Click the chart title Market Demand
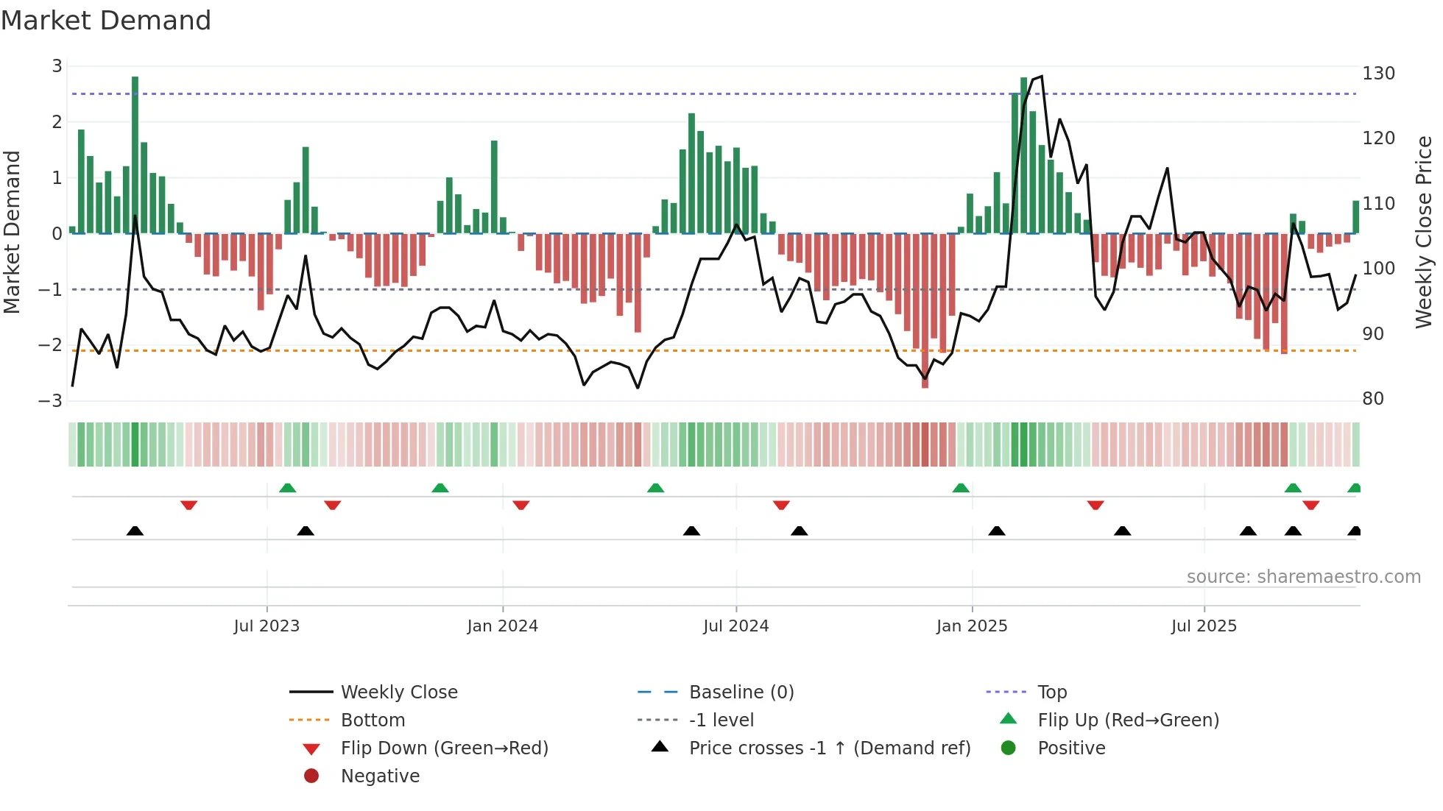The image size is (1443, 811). point(106,21)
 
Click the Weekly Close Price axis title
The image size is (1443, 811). point(1424,232)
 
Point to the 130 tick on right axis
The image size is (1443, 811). point(1378,74)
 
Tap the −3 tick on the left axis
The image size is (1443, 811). point(50,401)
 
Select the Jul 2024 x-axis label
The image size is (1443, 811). point(735,626)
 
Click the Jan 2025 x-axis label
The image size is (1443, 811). point(972,626)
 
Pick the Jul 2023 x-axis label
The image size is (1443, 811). point(267,626)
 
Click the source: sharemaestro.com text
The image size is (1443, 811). point(1303,577)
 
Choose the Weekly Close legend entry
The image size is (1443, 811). point(398,693)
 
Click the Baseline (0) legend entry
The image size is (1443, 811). point(741,693)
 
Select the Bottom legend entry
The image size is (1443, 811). point(373,720)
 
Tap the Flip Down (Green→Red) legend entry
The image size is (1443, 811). point(444,748)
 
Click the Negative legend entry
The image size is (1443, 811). point(380,776)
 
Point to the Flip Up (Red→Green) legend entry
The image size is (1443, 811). point(1128,720)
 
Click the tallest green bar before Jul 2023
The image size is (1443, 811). point(135,155)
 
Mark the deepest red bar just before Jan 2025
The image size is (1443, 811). point(925,309)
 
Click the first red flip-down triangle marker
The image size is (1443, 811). point(188,505)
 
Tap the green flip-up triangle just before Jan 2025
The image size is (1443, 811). point(961,488)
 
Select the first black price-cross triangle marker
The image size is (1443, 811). point(135,531)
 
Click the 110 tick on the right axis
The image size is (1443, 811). point(1378,204)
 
